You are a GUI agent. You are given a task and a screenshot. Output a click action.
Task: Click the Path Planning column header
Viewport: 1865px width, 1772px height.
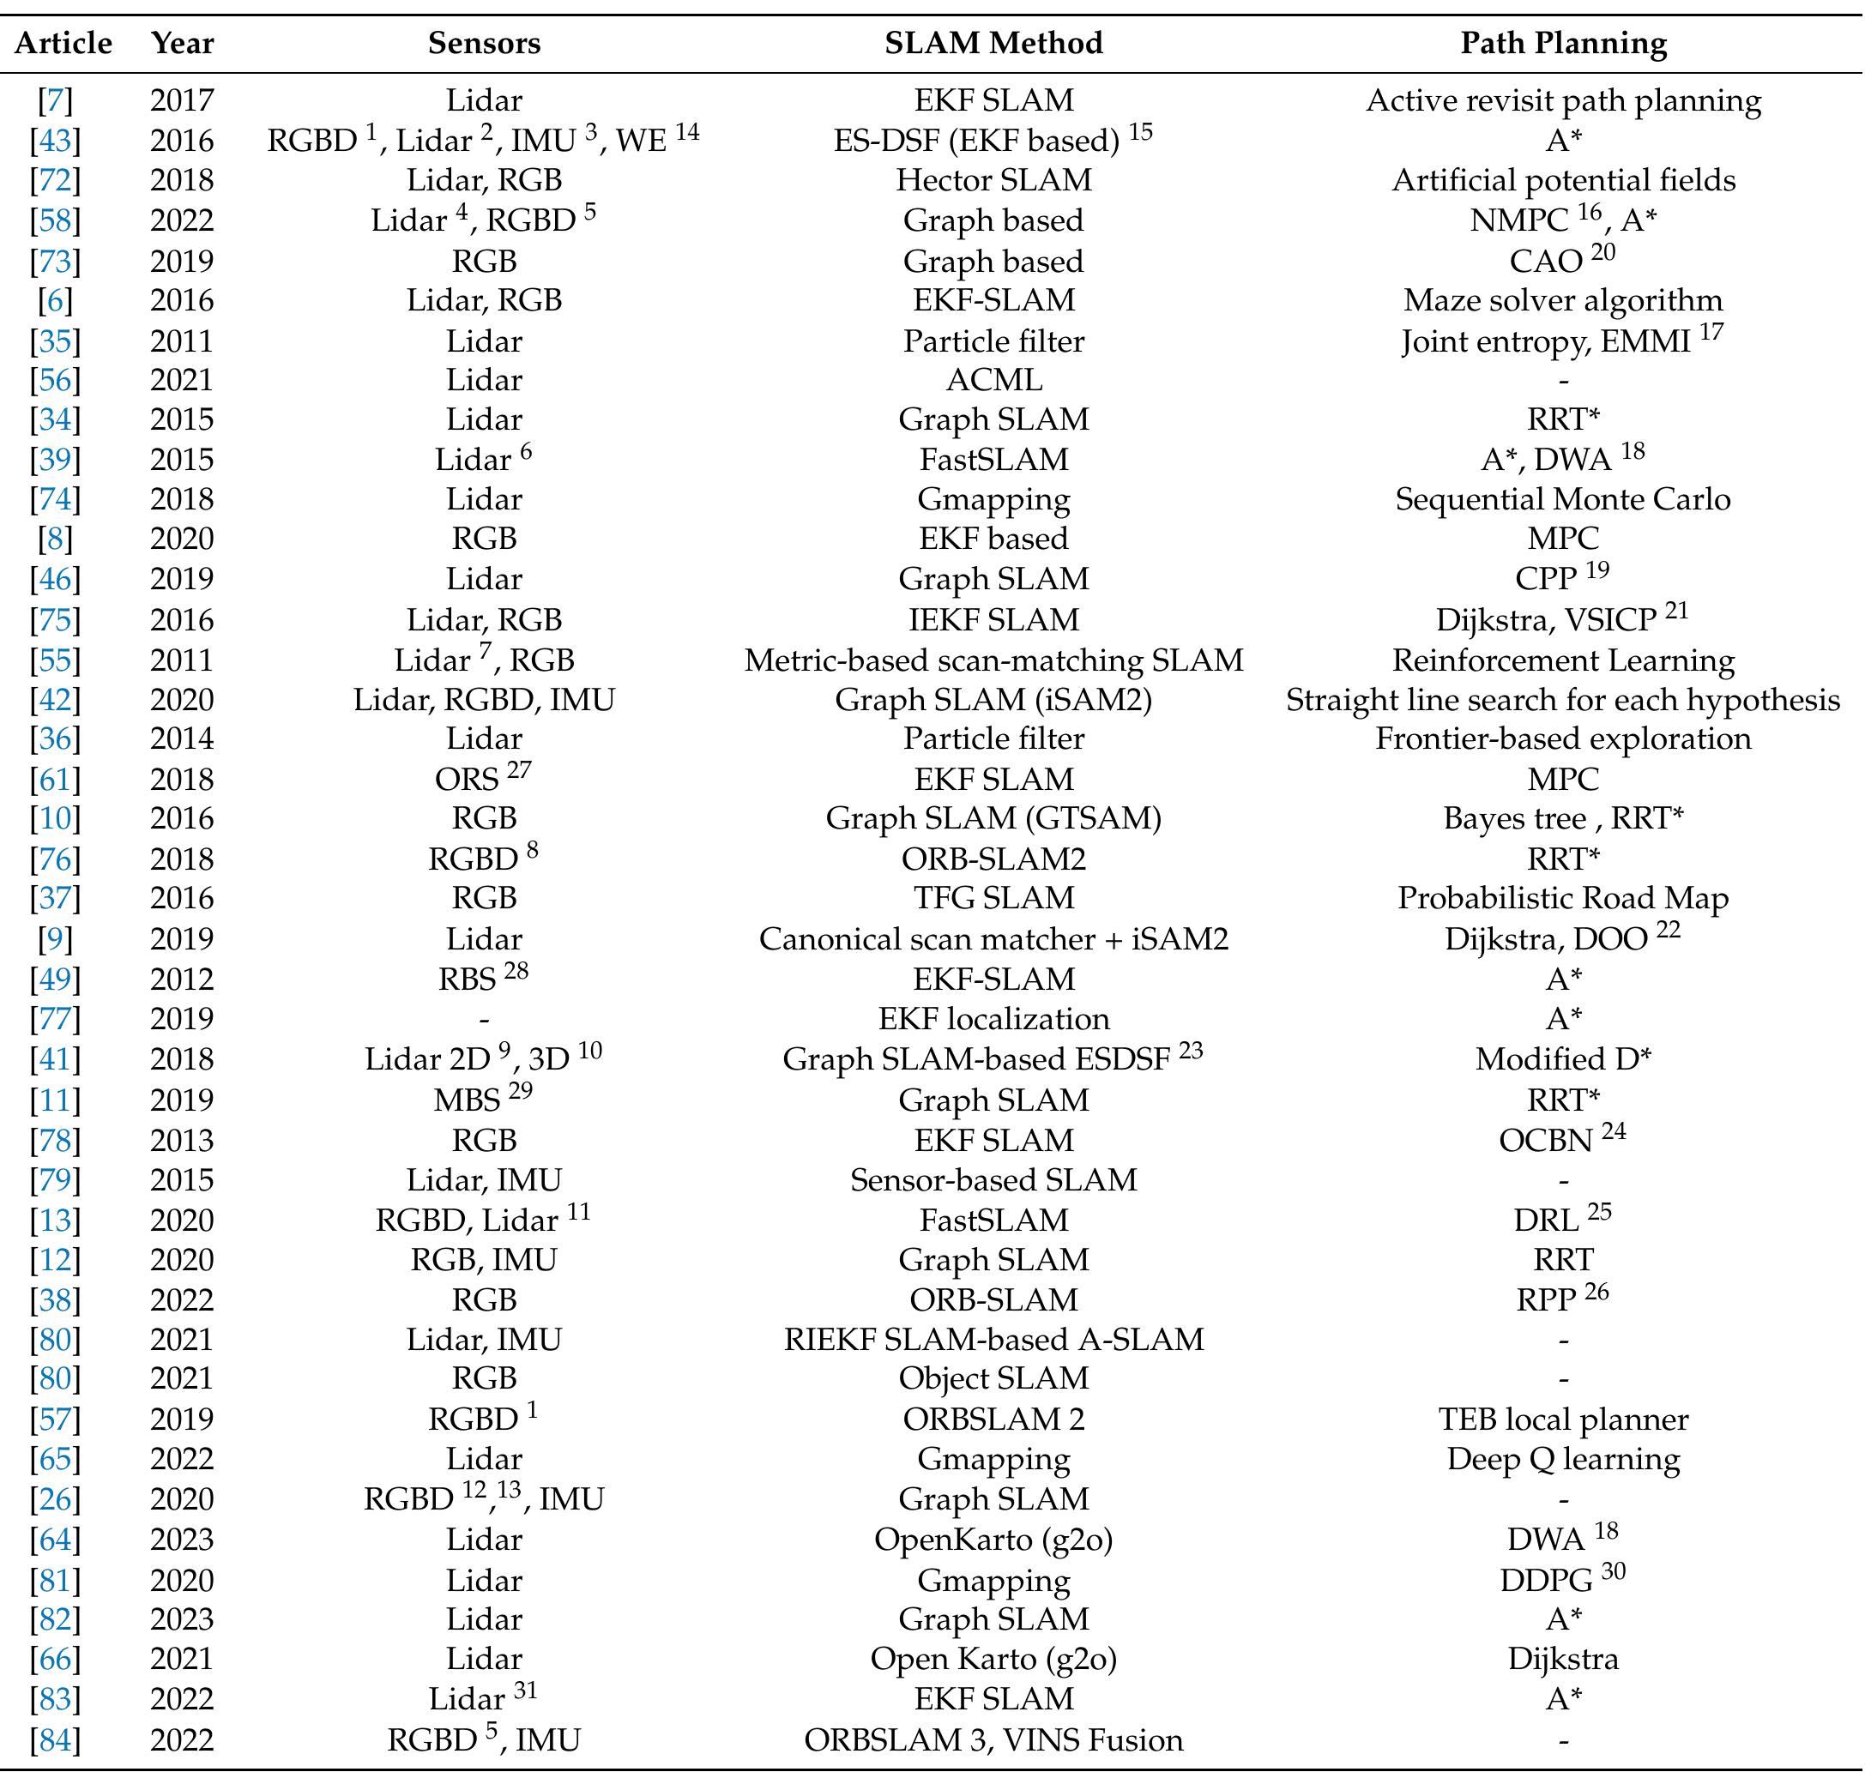(x=1563, y=44)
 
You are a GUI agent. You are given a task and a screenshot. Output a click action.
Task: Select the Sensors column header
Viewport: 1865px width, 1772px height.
(x=484, y=44)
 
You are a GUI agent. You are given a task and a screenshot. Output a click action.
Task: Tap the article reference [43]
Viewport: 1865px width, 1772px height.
(x=56, y=141)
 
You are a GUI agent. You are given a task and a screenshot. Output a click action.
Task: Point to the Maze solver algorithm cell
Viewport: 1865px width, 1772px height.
(x=1563, y=300)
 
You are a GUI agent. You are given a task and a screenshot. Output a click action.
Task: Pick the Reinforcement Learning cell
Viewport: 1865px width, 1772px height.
(x=1563, y=660)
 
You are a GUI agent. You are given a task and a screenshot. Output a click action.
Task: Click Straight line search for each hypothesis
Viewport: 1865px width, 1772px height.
(x=1563, y=700)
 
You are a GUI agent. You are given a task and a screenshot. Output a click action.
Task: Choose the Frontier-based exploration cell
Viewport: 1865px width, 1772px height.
(x=1563, y=738)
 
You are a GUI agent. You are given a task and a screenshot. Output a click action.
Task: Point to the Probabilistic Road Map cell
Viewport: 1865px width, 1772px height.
(x=1563, y=897)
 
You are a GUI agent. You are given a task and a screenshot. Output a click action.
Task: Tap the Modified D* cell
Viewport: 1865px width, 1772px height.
(x=1563, y=1059)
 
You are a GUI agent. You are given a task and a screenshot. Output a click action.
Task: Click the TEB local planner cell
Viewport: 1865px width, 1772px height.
(x=1563, y=1419)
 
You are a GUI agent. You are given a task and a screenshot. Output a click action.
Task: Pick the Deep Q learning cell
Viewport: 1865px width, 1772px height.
(x=1563, y=1458)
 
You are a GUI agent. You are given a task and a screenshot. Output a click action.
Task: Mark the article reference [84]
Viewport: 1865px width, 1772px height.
(x=56, y=1740)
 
